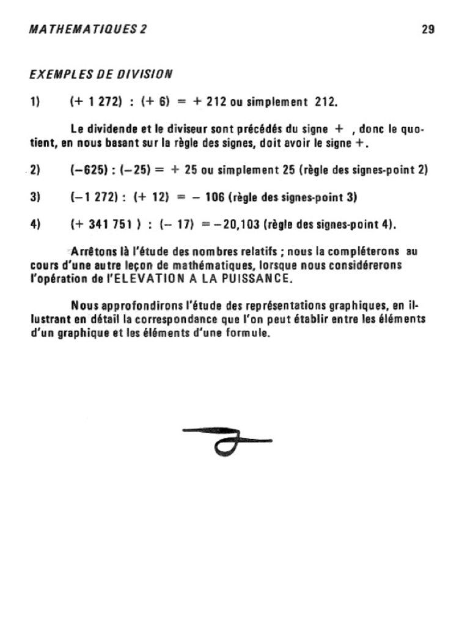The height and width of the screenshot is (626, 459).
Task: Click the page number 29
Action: [428, 29]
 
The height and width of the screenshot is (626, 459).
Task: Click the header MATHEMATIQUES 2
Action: [88, 29]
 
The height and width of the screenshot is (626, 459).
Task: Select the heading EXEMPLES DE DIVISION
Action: [101, 74]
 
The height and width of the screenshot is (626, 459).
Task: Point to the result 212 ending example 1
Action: [326, 101]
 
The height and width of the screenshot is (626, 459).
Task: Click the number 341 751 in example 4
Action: [109, 224]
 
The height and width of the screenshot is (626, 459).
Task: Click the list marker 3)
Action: [35, 197]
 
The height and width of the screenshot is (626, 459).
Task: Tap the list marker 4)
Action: [35, 224]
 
